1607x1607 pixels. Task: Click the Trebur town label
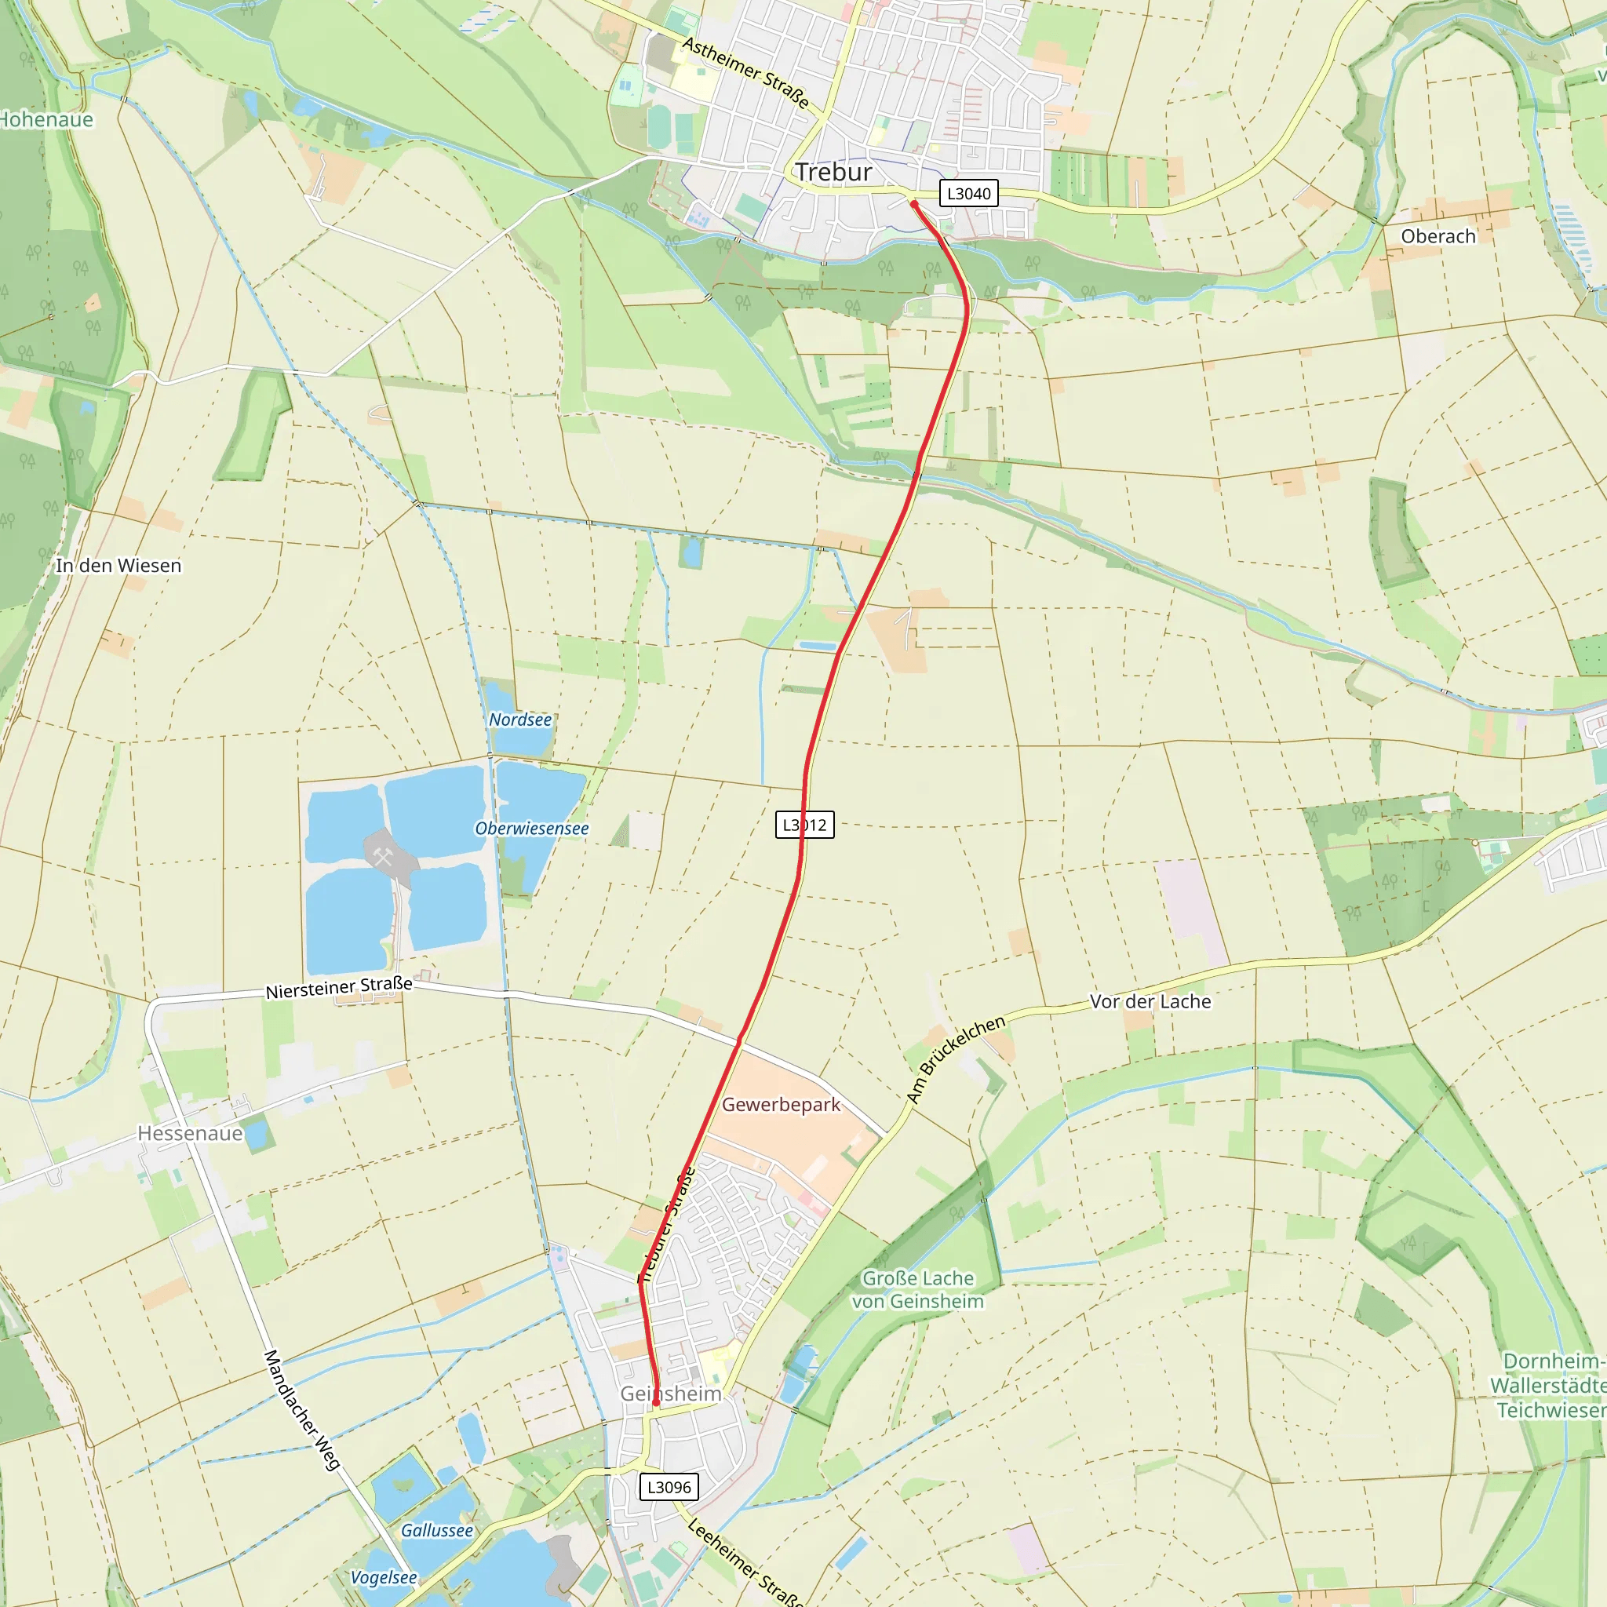pos(833,172)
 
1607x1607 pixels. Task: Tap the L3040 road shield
pos(969,194)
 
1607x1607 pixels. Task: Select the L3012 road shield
pos(804,825)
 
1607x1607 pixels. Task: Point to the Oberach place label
pos(1438,236)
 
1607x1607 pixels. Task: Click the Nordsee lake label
pos(520,720)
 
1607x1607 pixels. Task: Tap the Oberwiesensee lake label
pos(531,829)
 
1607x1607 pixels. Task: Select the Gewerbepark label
pos(781,1105)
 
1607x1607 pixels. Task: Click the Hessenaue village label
pos(191,1134)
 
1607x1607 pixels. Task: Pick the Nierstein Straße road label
pos(339,987)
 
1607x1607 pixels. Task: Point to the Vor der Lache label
pos(1150,1001)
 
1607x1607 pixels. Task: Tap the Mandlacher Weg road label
pos(302,1410)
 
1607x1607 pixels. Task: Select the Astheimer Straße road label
pos(746,72)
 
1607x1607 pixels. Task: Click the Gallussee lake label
pos(437,1530)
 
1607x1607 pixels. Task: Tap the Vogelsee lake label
pos(384,1578)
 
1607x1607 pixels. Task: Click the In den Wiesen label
pos(118,566)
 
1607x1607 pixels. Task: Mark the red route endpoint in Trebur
pos(913,204)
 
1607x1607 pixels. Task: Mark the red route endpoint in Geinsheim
pos(656,1402)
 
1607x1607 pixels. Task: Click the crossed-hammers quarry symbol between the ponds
pos(383,856)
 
